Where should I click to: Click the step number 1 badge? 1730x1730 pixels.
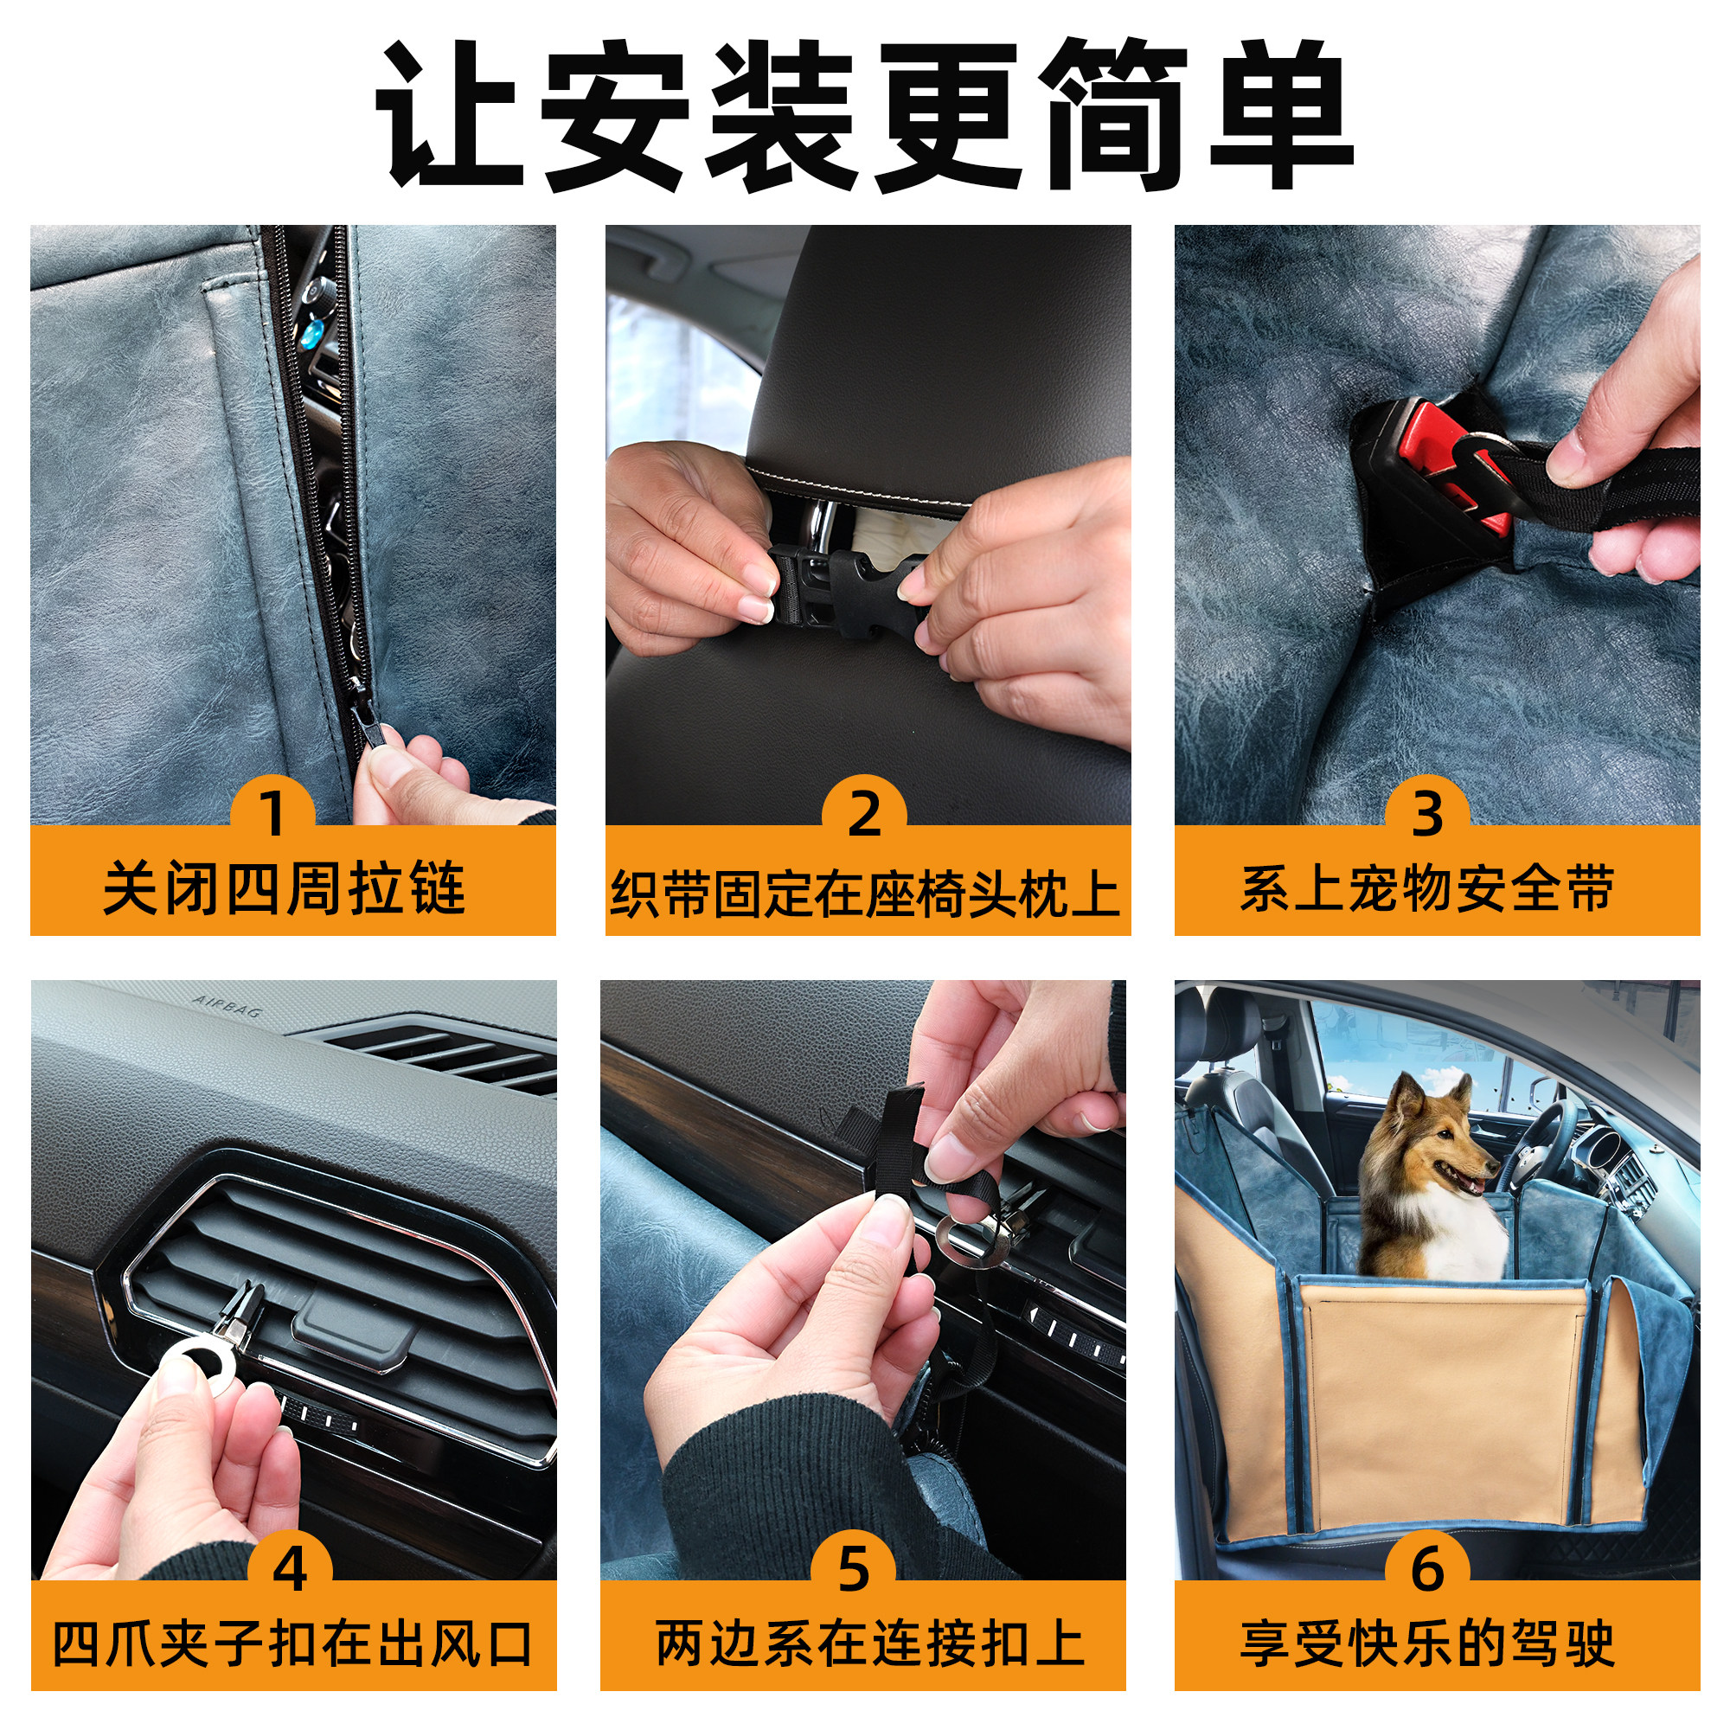pos(273,813)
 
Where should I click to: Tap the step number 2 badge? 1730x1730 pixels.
pos(864,813)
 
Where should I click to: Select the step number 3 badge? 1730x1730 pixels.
pos(1427,813)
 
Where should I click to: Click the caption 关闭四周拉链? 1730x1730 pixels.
pos(285,888)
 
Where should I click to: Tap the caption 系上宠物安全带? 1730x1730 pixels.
pos(1427,888)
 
